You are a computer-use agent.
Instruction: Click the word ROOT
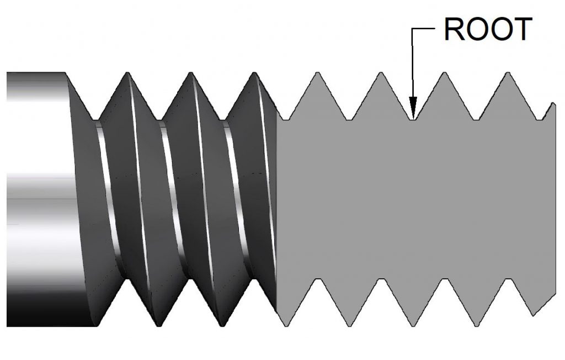click(487, 31)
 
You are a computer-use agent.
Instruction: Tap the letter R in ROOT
click(457, 31)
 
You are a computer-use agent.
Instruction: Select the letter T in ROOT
click(520, 31)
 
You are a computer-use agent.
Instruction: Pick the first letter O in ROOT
click(478, 31)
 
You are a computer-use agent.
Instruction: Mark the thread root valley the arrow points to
click(412, 118)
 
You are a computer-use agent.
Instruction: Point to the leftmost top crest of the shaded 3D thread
click(128, 74)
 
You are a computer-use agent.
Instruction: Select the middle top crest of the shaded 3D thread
click(191, 74)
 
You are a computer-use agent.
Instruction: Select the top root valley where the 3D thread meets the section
click(286, 118)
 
